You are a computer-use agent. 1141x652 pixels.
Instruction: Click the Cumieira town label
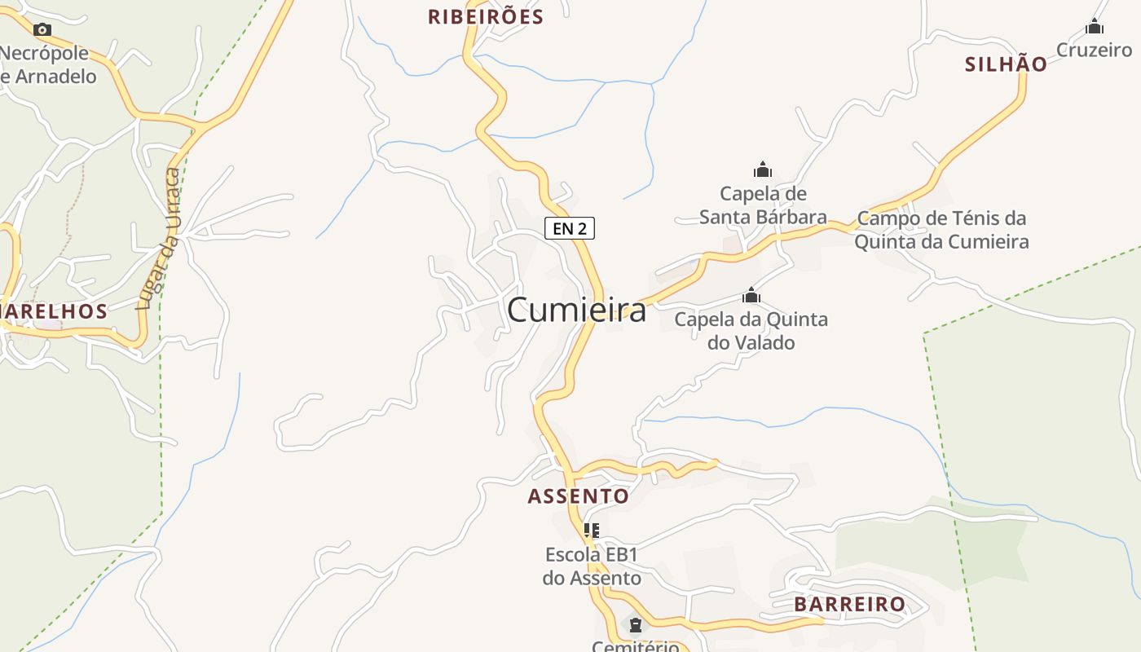576,311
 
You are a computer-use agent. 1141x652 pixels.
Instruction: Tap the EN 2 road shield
570,229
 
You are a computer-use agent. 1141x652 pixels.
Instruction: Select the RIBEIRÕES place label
485,17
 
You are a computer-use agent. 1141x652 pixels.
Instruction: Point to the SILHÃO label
1006,64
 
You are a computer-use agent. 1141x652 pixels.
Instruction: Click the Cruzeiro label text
1094,50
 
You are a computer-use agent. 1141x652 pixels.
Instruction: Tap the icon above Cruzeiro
1094,28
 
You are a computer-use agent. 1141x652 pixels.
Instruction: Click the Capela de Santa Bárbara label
763,205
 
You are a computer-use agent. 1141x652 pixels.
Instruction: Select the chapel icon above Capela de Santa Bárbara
763,170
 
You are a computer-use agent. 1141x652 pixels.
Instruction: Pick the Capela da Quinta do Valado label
751,331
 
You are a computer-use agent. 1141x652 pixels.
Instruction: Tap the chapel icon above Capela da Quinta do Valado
751,296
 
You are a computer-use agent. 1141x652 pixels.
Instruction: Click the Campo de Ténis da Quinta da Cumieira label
941,230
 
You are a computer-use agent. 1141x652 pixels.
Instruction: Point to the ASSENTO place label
579,496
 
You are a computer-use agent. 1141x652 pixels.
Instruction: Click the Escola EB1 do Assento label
592,566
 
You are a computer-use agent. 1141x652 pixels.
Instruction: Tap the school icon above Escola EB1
592,531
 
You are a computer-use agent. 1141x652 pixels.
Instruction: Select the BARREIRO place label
850,604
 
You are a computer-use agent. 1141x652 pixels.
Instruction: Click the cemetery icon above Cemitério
635,625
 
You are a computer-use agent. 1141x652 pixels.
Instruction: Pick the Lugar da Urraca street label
159,239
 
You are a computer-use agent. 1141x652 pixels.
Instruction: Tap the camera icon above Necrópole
42,30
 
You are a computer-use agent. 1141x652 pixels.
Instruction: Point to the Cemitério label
635,646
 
